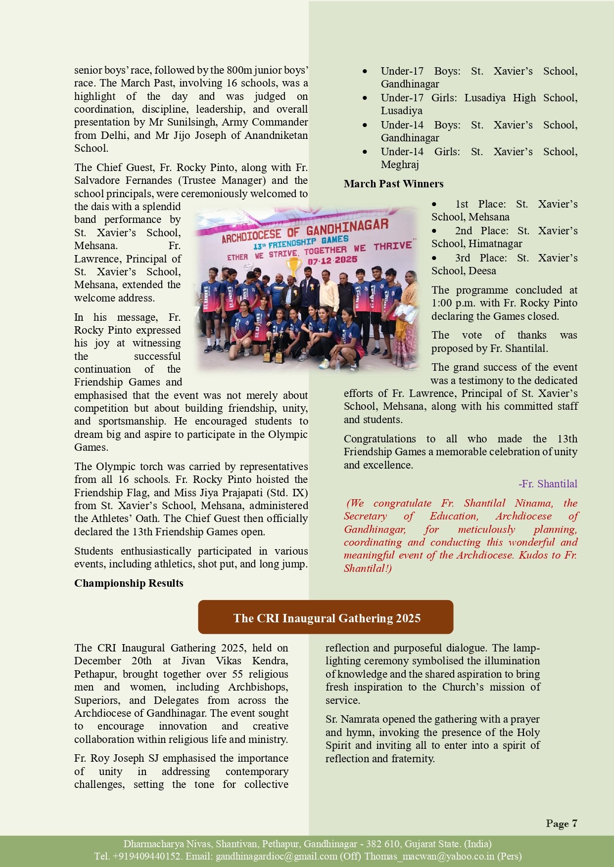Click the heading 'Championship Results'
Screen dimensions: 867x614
pos(129,583)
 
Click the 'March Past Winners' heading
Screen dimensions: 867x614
pos(393,184)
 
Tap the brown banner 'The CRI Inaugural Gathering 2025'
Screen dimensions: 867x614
pos(326,618)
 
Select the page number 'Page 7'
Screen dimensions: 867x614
pos(562,823)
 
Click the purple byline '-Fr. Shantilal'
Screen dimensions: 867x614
pos(548,484)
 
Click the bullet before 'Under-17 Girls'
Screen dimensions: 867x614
pos(365,98)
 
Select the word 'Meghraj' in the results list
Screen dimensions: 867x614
pos(400,165)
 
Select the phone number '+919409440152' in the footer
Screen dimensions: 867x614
pos(146,856)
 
